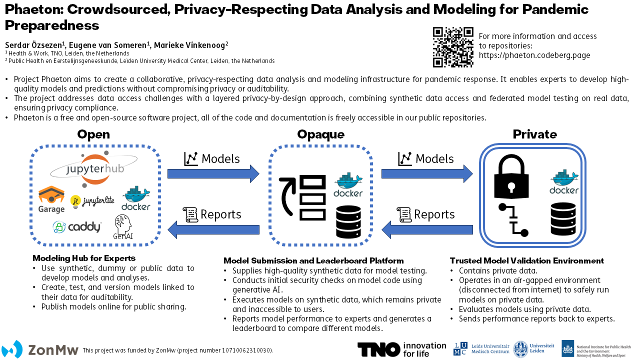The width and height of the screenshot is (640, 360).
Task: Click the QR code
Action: tap(453, 47)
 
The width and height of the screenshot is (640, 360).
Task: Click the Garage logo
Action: tap(51, 199)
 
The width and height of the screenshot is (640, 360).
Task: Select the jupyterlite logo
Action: tap(92, 201)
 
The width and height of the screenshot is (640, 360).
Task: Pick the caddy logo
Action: tap(77, 227)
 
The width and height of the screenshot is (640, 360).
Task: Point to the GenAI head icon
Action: tap(123, 227)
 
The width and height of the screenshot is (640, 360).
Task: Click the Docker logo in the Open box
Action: tap(136, 198)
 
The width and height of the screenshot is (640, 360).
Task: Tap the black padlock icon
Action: tap(511, 176)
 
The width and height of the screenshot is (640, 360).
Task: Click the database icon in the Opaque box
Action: tap(348, 221)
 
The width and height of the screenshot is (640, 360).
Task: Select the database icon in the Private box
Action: tap(563, 219)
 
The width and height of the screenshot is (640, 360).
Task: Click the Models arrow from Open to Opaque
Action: tap(213, 173)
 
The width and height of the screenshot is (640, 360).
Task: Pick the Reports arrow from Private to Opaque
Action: tap(427, 229)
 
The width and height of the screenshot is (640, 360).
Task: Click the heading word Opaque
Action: tap(320, 134)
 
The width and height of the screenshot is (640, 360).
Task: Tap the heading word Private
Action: tap(534, 134)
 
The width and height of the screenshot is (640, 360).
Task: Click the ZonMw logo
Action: tap(39, 349)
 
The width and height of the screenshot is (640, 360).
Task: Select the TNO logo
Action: tap(401, 349)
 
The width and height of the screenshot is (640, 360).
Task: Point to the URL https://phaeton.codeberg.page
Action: tap(534, 55)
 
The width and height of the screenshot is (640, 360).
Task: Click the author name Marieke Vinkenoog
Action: tap(191, 45)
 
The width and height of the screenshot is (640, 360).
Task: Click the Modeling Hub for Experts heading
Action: tap(84, 258)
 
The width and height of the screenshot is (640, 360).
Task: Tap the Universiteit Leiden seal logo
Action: tap(520, 349)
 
